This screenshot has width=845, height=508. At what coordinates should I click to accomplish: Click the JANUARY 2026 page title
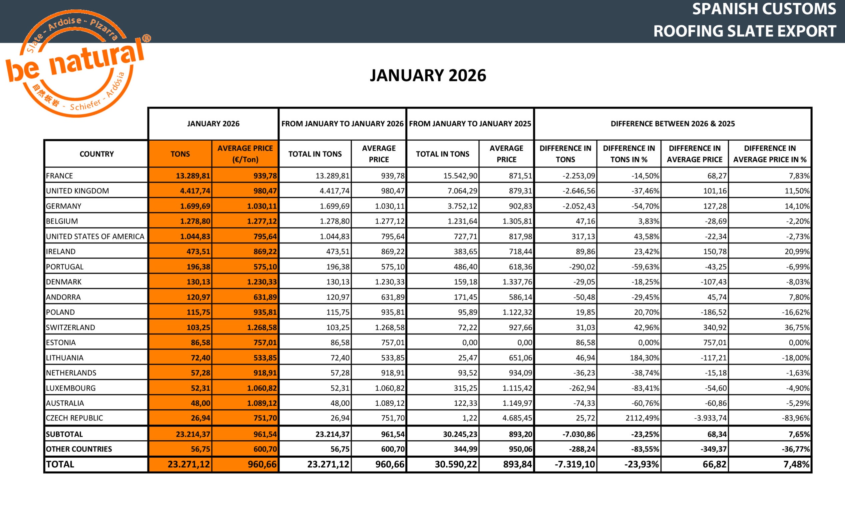428,75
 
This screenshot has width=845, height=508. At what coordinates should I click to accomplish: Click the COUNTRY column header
97,154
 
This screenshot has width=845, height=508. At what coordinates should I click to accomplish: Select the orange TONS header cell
180,154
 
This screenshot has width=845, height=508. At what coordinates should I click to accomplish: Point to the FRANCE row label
60,176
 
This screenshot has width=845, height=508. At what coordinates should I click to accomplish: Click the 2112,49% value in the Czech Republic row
645,418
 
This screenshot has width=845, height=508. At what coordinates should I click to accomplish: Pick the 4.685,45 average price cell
517,418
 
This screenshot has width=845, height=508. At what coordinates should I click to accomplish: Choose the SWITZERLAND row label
71,327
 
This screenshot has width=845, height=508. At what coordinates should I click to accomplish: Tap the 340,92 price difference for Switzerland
715,327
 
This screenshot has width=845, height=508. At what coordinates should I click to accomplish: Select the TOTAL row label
60,464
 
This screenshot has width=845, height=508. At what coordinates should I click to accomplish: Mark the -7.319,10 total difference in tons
575,464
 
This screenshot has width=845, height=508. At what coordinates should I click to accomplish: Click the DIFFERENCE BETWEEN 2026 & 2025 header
672,124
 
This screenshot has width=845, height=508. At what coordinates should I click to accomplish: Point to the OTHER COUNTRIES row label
79,449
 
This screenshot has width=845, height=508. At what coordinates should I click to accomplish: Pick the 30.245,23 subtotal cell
460,434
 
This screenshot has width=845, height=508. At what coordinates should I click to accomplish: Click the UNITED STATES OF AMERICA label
95,237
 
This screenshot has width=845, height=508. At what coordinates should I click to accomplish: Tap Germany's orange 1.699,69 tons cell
196,206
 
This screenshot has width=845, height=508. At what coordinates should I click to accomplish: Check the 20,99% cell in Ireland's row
797,252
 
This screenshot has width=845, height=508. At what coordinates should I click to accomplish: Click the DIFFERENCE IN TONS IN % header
629,154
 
